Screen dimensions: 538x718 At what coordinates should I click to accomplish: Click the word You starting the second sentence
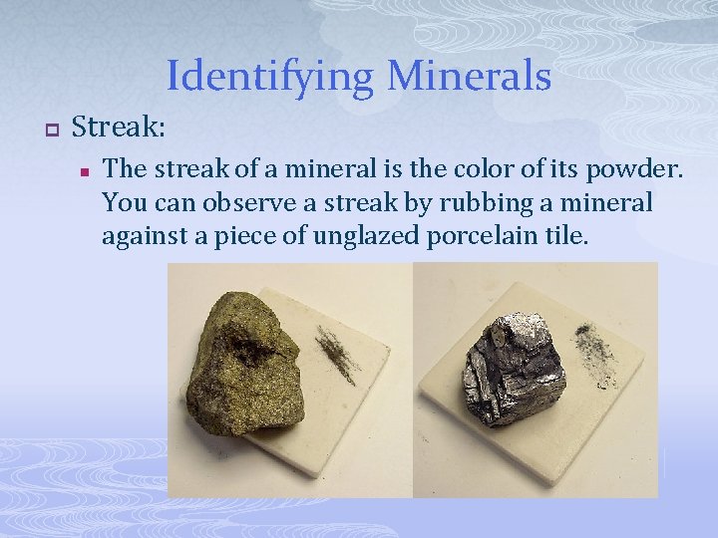pos(124,203)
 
